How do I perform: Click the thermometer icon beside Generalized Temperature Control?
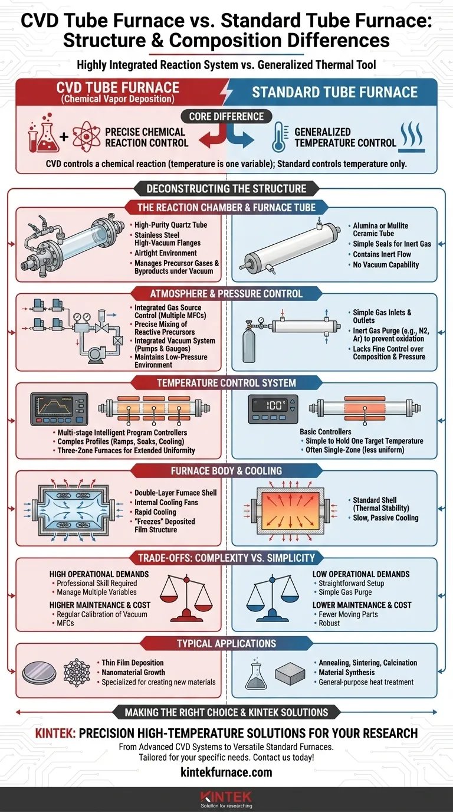pos(277,137)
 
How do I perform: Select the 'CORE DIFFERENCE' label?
pos(226,116)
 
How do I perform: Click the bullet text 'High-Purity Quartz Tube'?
pos(171,225)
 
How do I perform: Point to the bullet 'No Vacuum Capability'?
pos(386,264)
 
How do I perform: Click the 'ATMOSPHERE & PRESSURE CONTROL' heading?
pos(226,293)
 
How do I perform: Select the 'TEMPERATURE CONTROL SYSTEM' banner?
pos(226,382)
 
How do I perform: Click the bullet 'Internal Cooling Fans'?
pos(166,502)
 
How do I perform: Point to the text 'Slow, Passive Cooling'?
pos(385,518)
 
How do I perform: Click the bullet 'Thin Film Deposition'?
pos(132,662)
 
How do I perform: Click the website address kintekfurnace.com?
pos(226,772)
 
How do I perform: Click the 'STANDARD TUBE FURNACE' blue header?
pos(334,92)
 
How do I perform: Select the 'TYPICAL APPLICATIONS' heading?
pos(226,643)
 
